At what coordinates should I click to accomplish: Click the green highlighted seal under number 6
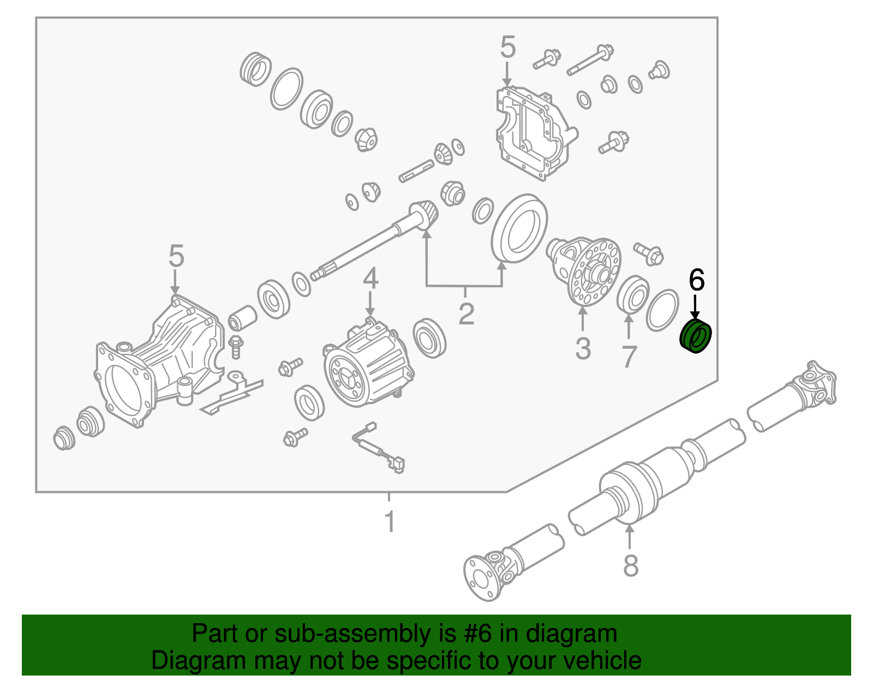coord(696,336)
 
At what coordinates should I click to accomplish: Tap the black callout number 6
coord(697,280)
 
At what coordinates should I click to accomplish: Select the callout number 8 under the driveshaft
coord(630,565)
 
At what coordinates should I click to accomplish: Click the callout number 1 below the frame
coord(390,521)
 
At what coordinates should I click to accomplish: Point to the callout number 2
coord(467,314)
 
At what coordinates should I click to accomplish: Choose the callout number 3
coord(583,348)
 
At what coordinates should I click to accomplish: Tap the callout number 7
coord(629,357)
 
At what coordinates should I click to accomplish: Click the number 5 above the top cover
coord(508,47)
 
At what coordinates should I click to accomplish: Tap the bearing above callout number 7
coord(632,294)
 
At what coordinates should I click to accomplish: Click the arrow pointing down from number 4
coord(370,303)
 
